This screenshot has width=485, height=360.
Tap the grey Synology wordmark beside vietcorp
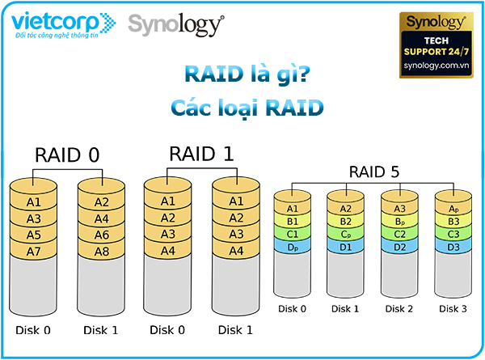(x=174, y=24)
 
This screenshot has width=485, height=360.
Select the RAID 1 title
(x=201, y=154)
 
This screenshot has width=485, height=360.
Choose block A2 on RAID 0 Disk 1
(x=102, y=202)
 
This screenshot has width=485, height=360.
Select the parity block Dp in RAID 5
(x=292, y=246)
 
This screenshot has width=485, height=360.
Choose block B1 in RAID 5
(x=292, y=221)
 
